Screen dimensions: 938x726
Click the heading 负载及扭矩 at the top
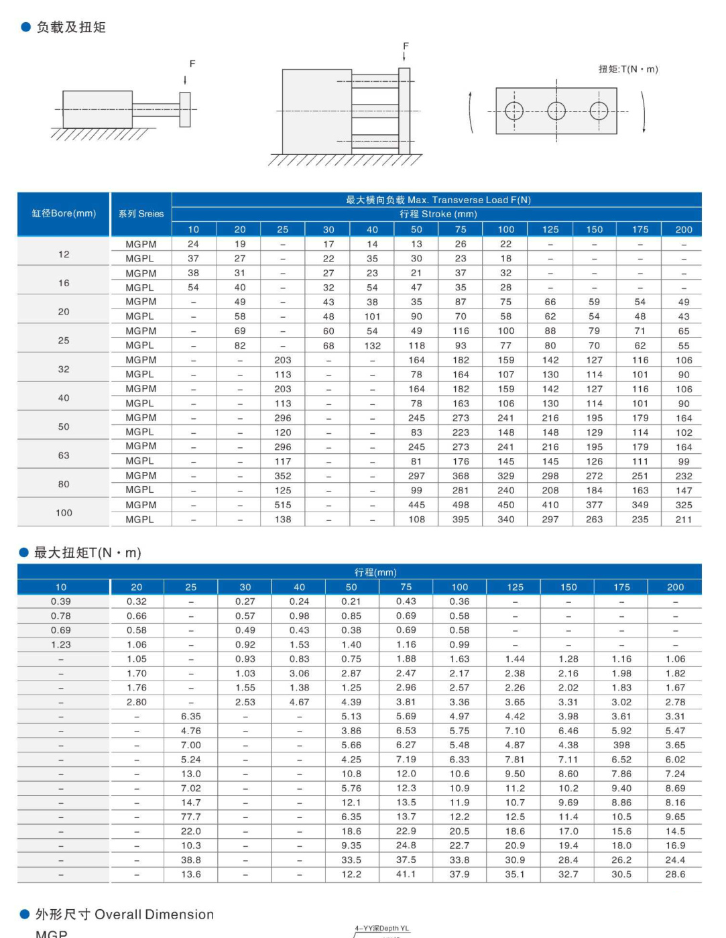point(70,27)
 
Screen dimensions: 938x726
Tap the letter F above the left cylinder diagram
point(192,64)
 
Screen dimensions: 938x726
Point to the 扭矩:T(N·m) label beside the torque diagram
point(628,69)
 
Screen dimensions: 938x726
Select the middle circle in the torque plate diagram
point(556,111)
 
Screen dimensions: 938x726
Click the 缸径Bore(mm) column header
point(64,213)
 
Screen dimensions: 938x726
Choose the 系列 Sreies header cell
point(141,213)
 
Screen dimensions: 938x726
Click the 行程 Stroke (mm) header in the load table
point(438,214)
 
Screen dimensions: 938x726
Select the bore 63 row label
point(64,455)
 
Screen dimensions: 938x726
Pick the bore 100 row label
point(64,513)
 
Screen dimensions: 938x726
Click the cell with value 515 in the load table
point(283,505)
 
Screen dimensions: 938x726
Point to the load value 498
point(461,505)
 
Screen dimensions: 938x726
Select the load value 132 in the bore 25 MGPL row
point(372,346)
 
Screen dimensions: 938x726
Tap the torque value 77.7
point(191,817)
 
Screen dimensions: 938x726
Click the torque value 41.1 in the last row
point(406,874)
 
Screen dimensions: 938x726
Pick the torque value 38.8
point(191,860)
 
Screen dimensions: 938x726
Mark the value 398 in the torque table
point(621,745)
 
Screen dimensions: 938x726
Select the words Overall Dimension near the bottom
point(154,915)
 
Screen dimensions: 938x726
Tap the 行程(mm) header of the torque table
point(375,573)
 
